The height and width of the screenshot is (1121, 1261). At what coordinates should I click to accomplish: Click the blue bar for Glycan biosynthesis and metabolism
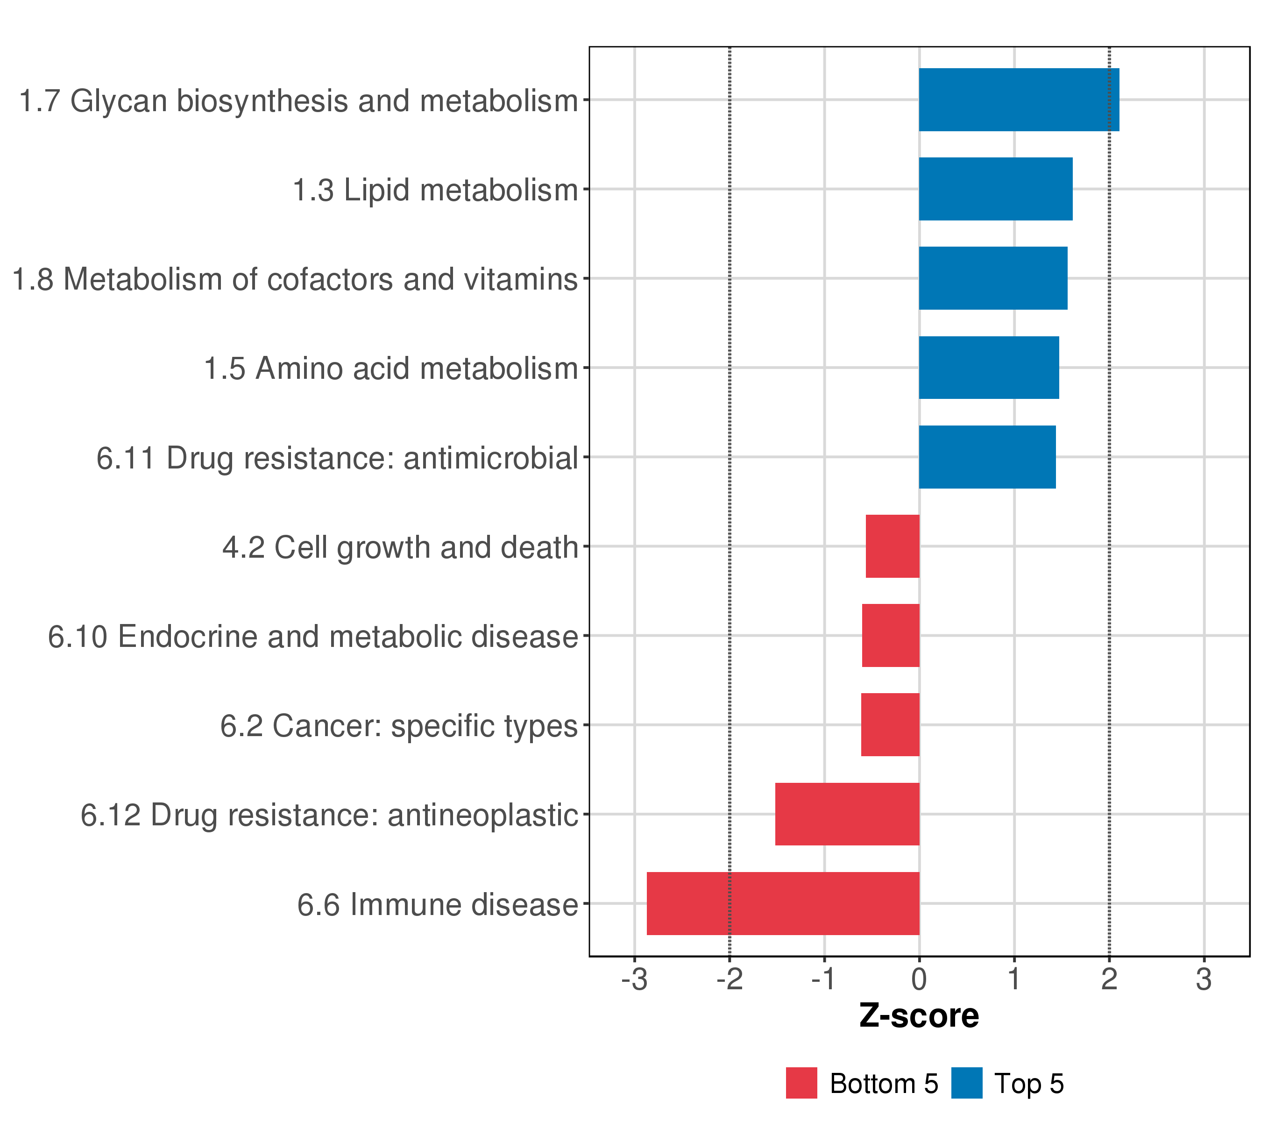click(x=1019, y=99)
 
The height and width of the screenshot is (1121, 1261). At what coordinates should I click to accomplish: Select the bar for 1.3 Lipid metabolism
click(x=995, y=189)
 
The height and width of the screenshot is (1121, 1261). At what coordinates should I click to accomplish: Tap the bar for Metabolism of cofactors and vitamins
click(x=992, y=278)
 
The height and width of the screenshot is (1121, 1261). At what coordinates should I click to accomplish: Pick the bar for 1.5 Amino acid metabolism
click(x=988, y=368)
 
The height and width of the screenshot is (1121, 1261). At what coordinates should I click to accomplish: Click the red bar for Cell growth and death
click(x=892, y=546)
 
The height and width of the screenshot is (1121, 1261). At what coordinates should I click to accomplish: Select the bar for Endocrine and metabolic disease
click(x=890, y=635)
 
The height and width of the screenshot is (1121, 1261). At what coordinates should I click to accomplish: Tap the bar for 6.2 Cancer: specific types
click(x=890, y=724)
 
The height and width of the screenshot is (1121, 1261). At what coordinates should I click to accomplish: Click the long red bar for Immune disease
click(x=782, y=903)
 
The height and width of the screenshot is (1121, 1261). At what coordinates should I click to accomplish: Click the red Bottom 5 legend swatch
click(x=801, y=1083)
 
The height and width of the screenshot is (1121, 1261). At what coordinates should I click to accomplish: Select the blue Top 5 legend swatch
click(x=966, y=1083)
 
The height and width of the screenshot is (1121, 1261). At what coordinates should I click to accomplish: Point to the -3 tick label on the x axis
click(x=634, y=980)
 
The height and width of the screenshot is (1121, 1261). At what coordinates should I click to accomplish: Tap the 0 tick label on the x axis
click(x=919, y=980)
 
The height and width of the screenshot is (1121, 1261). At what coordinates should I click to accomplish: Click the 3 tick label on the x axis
click(x=1204, y=980)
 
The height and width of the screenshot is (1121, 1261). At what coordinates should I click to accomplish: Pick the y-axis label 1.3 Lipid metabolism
click(x=435, y=190)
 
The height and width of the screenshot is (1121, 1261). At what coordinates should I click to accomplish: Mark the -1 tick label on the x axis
click(x=823, y=980)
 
